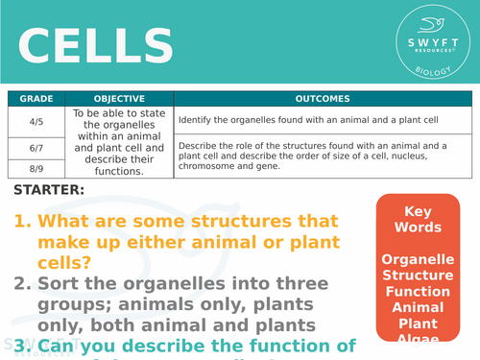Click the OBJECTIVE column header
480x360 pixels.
pyautogui.click(x=120, y=98)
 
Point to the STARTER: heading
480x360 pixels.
pyautogui.click(x=49, y=189)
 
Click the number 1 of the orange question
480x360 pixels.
pyautogui.click(x=21, y=222)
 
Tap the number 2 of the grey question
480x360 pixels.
pyautogui.click(x=21, y=284)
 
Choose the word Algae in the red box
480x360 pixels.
pyautogui.click(x=423, y=338)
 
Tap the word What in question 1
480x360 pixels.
pyautogui.click(x=66, y=222)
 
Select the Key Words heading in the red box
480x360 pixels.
pyautogui.click(x=423, y=219)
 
